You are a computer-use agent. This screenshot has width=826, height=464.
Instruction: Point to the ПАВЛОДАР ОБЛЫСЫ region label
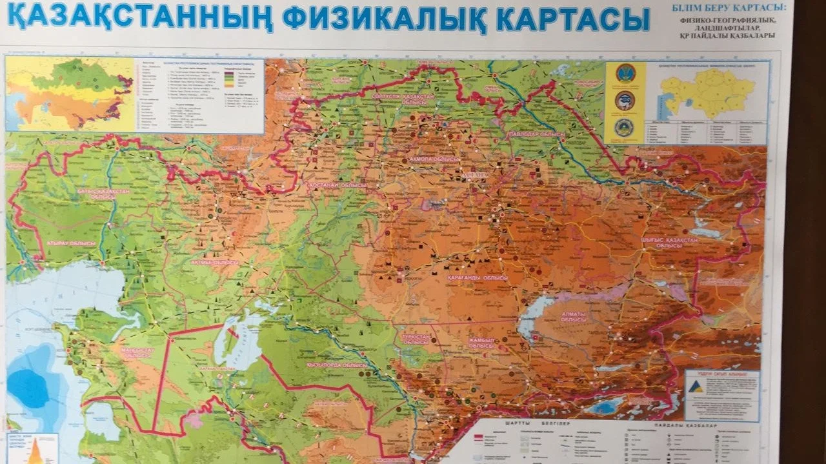pyautogui.click(x=535, y=134)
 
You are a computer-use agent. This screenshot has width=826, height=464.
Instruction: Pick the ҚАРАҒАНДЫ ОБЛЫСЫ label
pyautogui.click(x=477, y=277)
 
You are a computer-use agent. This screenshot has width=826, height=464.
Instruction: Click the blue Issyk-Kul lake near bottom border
pyautogui.click(x=603, y=407)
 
